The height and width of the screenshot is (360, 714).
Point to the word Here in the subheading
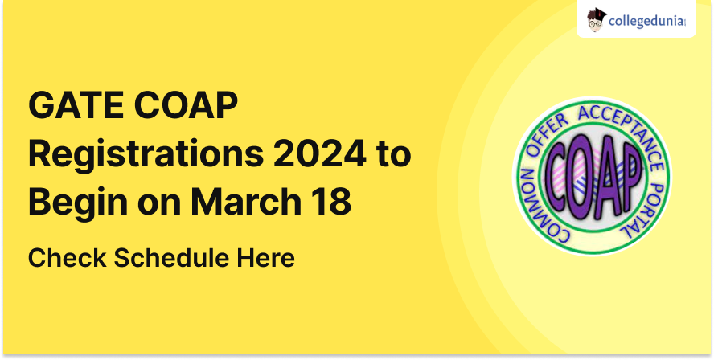(x=265, y=258)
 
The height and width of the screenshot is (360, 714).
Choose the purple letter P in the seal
(x=629, y=173)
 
